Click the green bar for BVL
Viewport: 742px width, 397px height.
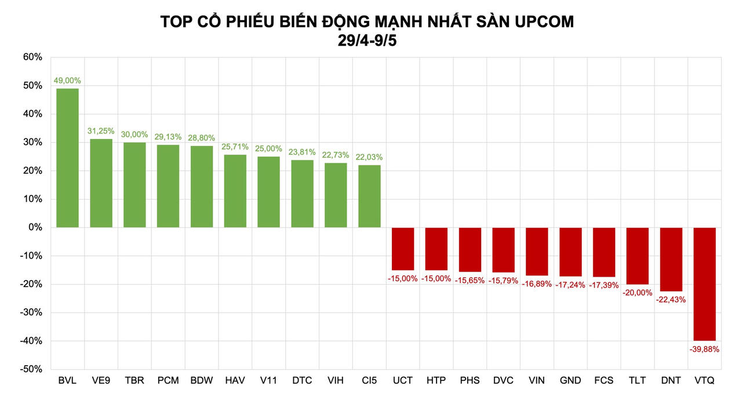[x=67, y=157]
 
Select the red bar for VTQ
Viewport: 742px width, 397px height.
[x=704, y=284]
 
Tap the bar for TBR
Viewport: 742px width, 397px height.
[x=134, y=185]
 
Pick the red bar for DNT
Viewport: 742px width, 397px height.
[x=671, y=259]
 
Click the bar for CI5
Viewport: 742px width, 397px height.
[x=369, y=196]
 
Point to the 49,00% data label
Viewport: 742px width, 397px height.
[x=67, y=80]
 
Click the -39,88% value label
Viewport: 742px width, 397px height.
[x=704, y=349]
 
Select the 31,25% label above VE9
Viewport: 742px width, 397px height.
[x=101, y=131]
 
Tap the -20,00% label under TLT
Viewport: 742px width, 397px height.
[x=638, y=292]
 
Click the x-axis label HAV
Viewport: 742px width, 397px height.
[x=235, y=381]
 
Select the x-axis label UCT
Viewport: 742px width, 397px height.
[x=403, y=381]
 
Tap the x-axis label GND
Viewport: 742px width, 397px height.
[x=570, y=381]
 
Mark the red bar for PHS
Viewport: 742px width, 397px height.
[x=470, y=249]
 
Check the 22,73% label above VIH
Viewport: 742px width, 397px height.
[x=336, y=155]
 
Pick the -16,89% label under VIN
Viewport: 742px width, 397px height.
[x=537, y=284]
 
